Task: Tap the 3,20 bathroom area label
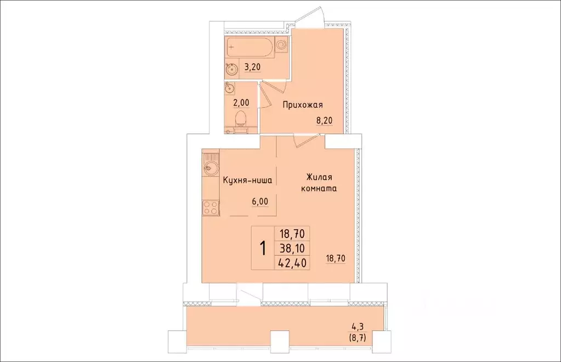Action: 252,67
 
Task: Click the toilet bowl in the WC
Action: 241,118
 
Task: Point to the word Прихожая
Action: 303,105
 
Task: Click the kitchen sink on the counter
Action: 209,168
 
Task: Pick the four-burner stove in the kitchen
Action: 210,207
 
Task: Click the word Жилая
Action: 319,177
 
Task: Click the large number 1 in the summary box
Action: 263,248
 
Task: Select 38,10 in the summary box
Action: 292,248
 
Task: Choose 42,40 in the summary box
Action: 292,262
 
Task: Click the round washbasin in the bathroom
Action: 231,69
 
